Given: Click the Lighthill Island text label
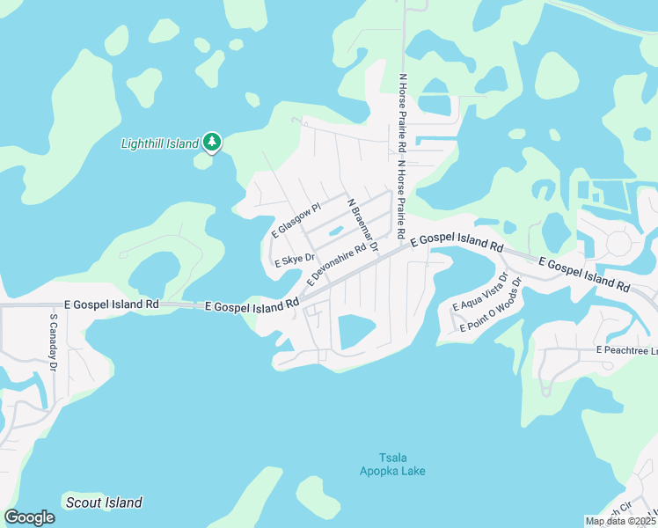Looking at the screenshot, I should click(159, 143).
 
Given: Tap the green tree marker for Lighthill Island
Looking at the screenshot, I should click(211, 142).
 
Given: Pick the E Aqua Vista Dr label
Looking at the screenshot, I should click(479, 291).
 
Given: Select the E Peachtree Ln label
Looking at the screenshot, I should click(625, 350).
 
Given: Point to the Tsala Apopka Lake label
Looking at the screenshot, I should click(392, 464).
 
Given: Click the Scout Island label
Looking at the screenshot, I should click(104, 502).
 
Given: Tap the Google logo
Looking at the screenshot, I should click(29, 517).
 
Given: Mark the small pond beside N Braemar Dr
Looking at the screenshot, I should click(334, 232).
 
